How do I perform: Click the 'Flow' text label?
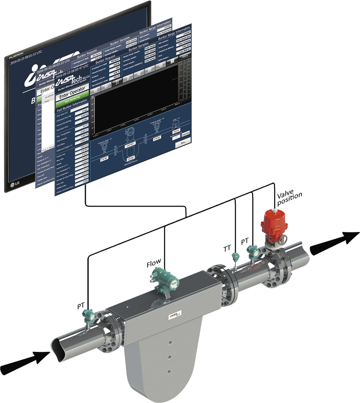coord(154,263)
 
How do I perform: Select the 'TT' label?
coord(227,247)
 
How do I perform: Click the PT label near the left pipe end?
coord(81,306)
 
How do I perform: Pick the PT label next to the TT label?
coord(245,241)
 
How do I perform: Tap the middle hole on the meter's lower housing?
coord(170,357)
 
